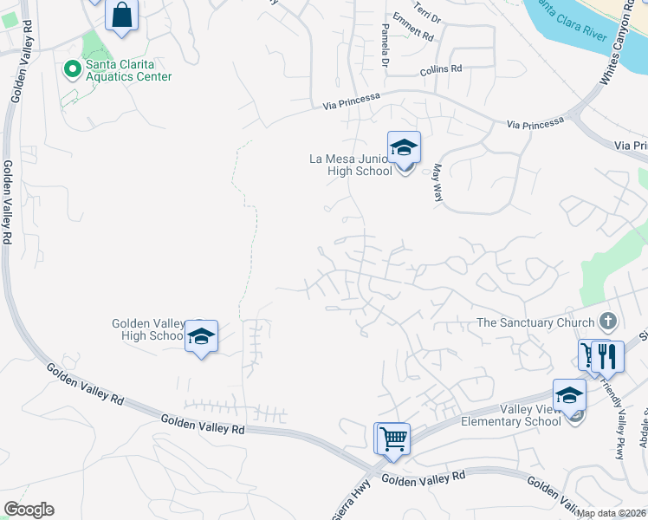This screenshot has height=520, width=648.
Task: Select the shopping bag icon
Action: [x=122, y=16]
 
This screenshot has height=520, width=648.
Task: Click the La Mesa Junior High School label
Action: [x=356, y=165]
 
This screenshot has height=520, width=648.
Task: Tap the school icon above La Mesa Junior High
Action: [x=404, y=148]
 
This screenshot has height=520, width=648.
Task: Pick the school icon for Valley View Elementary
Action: [x=569, y=395]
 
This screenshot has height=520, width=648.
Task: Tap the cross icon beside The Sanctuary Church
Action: [x=607, y=322]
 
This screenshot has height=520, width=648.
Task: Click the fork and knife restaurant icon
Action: [x=610, y=354]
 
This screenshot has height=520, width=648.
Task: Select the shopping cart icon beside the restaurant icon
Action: [x=590, y=354]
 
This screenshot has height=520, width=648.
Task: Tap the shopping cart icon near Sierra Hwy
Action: [x=392, y=439]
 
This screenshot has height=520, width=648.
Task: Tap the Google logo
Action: [x=29, y=510]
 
